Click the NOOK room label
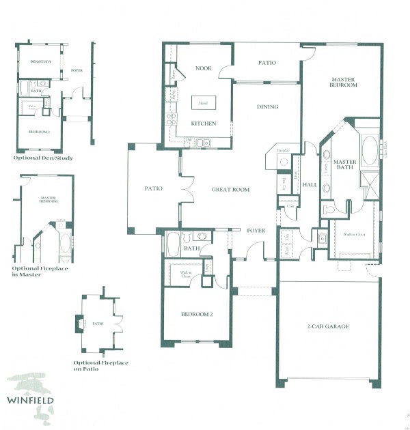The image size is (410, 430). pos(202,68)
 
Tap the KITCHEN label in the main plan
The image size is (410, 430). pos(203,124)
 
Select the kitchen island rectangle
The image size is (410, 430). pos(203,103)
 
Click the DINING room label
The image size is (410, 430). pos(267,106)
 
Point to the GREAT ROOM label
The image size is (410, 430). pos(230,190)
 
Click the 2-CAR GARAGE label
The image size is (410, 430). pos(328,327)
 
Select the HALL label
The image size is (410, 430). pos(310,185)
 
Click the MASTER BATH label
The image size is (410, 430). pos(345,164)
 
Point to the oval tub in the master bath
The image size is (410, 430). pos(369,150)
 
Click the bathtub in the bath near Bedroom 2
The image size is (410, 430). pos(174,244)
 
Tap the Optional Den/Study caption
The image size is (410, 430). pos(43,158)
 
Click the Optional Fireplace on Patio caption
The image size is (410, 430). pos(100,366)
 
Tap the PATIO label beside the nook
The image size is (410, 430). pos(266,63)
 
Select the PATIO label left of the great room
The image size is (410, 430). pos(153,188)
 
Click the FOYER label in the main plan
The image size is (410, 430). pos(256,230)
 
